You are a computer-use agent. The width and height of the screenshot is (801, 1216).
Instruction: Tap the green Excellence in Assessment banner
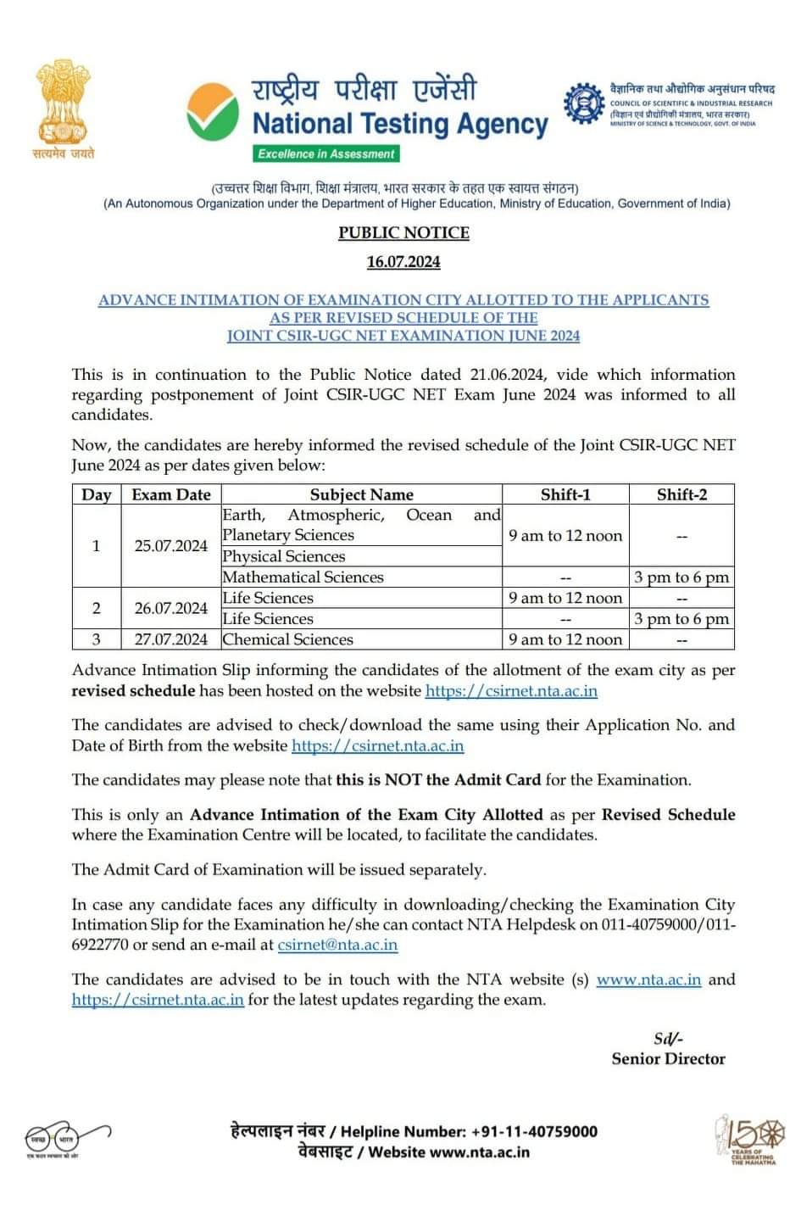(326, 153)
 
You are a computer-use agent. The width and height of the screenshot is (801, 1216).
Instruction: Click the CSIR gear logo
(585, 103)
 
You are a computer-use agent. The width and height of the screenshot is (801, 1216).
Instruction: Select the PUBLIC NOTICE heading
(403, 232)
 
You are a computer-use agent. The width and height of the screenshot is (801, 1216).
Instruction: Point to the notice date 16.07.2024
(403, 262)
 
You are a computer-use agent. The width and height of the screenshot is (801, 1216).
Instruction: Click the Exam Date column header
(171, 494)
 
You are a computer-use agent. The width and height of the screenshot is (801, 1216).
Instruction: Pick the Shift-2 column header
(681, 494)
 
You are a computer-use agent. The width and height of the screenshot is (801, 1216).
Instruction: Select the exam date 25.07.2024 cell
(171, 545)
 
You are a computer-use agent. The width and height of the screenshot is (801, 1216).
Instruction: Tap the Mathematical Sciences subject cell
(303, 577)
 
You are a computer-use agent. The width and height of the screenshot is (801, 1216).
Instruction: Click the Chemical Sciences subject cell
(288, 639)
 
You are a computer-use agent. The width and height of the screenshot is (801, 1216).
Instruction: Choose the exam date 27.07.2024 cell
(171, 639)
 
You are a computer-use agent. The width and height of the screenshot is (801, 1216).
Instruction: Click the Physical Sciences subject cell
(284, 556)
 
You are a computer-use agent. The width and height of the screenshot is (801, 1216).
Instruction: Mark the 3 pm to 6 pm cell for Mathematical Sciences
(681, 577)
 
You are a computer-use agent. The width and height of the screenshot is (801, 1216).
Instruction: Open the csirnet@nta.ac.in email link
(337, 945)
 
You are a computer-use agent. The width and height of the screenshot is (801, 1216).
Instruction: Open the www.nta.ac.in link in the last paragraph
(648, 979)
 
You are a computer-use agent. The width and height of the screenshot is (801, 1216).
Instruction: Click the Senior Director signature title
(668, 1058)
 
